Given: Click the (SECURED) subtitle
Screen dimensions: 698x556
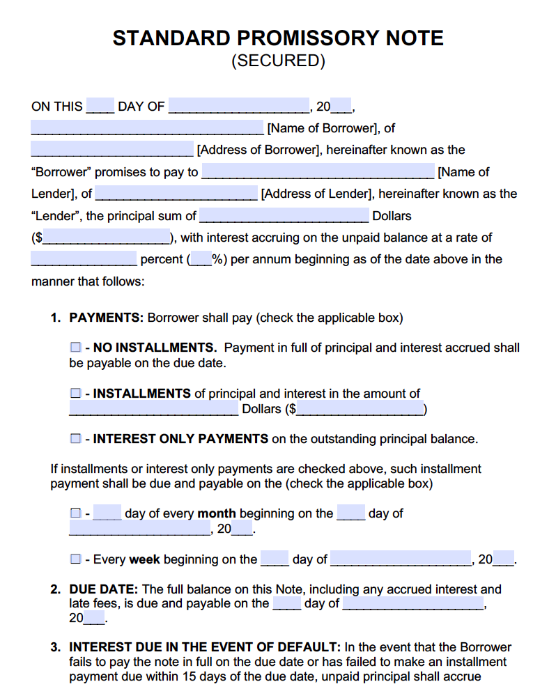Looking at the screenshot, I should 278,61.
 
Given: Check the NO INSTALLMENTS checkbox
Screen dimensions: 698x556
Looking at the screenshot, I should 75,347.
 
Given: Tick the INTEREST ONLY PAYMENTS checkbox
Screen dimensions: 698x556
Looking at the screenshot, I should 75,439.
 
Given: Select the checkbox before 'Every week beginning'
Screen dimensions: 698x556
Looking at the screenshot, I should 75,559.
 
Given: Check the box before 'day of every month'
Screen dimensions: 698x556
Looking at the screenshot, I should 75,513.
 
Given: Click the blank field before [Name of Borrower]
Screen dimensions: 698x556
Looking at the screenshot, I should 147,128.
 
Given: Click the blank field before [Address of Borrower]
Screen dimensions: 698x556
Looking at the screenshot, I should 112,150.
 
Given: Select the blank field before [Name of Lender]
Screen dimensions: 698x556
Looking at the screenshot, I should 318,172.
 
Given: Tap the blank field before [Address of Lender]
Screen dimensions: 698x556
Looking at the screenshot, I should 176,194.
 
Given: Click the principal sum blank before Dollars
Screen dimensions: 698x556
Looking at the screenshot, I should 284,216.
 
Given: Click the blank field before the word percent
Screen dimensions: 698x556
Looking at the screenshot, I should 84,259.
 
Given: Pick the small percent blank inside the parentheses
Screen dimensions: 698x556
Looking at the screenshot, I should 201,259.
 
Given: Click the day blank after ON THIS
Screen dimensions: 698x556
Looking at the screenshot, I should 100,107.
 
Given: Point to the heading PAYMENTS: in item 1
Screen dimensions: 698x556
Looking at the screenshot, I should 107,318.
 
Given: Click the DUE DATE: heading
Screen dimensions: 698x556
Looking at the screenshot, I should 104,589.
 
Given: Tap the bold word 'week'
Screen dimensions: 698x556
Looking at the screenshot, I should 145,559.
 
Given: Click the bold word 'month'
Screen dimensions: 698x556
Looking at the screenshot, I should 217,513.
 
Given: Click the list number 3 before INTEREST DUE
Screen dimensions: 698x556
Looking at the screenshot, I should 54,647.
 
